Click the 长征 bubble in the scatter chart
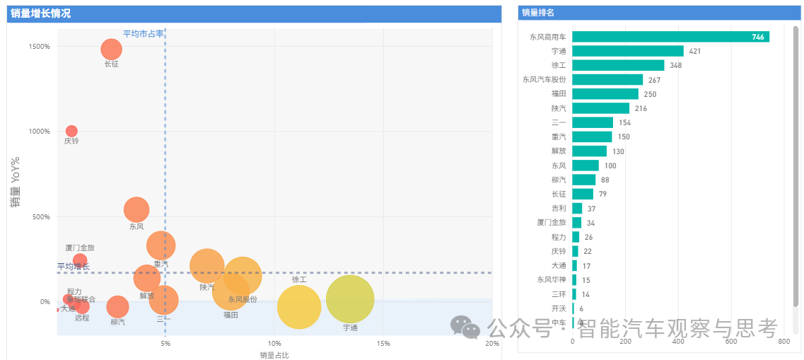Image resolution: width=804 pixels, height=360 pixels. point(111,49)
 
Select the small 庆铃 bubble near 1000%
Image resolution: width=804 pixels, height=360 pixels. point(71,131)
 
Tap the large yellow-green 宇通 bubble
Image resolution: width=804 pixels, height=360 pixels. point(350,299)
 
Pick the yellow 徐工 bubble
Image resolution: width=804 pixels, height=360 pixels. point(299,307)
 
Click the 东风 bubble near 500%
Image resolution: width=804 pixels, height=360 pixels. point(136,209)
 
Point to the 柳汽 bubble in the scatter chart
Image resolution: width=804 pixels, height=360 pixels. point(117,307)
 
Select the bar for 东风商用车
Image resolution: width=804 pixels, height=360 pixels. point(670,37)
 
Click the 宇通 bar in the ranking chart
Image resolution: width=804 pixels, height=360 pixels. point(627,51)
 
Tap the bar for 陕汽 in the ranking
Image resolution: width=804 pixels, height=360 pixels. point(600,108)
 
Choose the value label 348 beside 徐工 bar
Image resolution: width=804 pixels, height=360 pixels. point(676,66)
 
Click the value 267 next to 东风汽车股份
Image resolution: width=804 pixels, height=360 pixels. point(654,80)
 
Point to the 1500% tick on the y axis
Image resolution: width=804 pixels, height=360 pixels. point(38,47)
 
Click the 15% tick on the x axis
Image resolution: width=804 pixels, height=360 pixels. point(383,344)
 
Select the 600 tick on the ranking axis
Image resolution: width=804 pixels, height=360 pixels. point(731,342)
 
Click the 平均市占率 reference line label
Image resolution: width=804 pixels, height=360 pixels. point(143,34)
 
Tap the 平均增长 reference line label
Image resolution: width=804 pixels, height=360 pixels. point(74,267)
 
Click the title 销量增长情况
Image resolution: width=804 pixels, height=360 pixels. point(40,13)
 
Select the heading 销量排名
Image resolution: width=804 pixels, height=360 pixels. point(537,13)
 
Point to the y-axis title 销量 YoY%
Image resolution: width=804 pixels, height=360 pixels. point(15,182)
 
